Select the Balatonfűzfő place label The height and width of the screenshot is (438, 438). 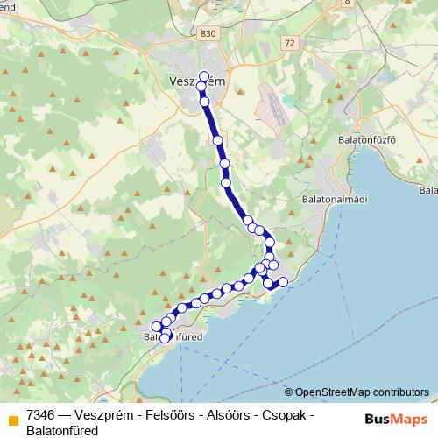(x=367, y=138)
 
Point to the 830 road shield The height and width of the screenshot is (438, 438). (x=207, y=32)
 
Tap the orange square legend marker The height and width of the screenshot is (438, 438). (x=12, y=420)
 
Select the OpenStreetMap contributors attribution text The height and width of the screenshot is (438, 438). (x=362, y=392)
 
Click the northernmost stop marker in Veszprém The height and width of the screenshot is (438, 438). (x=204, y=75)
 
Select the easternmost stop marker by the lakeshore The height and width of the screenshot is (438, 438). (x=283, y=281)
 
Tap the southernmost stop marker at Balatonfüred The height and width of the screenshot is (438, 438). (x=164, y=338)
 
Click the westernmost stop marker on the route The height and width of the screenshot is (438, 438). (x=157, y=328)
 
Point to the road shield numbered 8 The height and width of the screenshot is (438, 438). (x=347, y=3)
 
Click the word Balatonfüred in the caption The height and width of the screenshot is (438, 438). (x=62, y=430)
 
